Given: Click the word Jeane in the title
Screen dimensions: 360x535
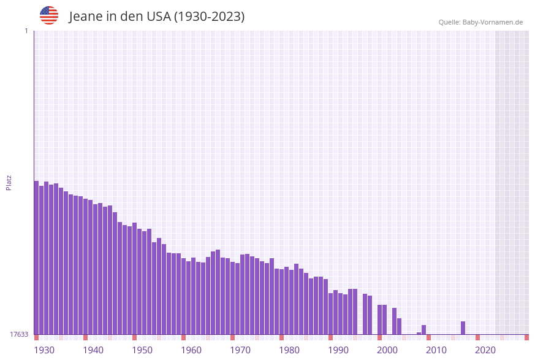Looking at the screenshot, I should [x=85, y=17].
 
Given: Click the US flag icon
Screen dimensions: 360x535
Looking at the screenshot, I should [x=49, y=15].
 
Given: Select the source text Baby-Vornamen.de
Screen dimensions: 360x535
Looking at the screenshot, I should [x=492, y=22].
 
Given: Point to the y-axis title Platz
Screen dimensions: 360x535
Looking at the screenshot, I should [x=9, y=182].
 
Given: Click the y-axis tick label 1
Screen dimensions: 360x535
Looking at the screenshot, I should [x=26, y=31].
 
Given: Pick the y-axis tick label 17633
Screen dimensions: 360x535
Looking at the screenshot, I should [x=19, y=334].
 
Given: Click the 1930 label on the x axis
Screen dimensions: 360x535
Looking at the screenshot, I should [x=44, y=350].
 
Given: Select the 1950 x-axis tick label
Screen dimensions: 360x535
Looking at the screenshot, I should [x=142, y=350].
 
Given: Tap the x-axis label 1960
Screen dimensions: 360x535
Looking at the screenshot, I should [x=191, y=350].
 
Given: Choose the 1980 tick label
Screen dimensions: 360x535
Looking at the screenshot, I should [x=289, y=350].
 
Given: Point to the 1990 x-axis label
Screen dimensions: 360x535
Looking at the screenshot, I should [x=338, y=350].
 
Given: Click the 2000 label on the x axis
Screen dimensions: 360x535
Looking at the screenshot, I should [x=387, y=350].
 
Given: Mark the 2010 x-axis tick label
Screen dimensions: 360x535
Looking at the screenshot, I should [x=436, y=350].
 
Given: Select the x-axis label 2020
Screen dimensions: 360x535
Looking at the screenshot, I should [x=485, y=350].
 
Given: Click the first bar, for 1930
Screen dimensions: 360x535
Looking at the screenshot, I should [x=36, y=258].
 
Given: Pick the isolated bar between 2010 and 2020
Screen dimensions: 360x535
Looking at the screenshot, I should [x=463, y=328].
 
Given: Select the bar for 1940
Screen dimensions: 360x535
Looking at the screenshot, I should [x=85, y=266].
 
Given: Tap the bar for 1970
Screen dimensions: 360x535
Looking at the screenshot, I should [x=232, y=298].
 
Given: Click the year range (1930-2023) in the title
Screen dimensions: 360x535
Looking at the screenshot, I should [x=209, y=17].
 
